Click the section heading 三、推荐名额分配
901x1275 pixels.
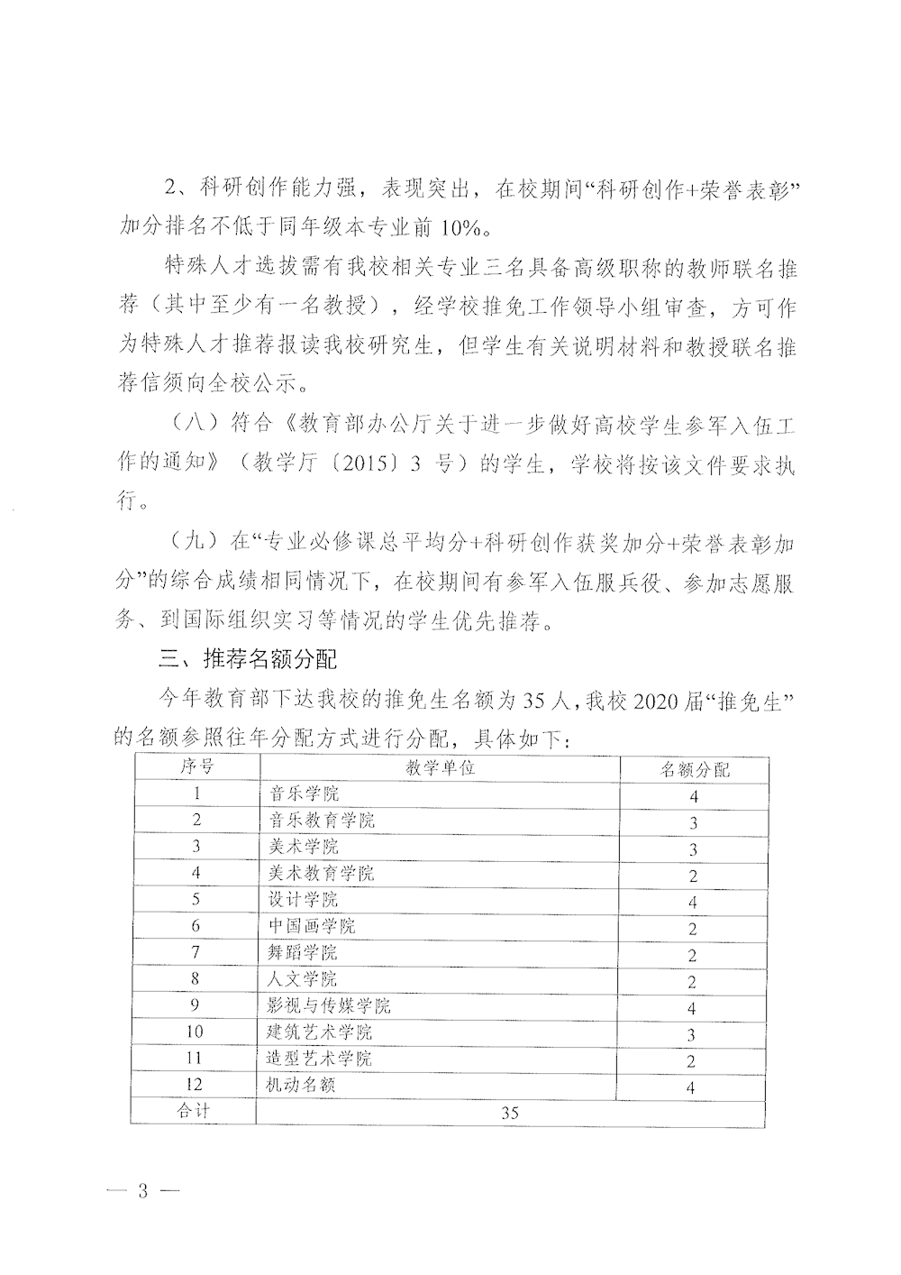(x=248, y=658)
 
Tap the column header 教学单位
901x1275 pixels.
(x=440, y=767)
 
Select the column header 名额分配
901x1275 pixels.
(x=695, y=769)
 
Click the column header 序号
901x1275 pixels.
(x=196, y=766)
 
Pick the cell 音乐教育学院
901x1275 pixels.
(x=323, y=820)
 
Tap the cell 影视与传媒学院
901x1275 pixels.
(x=331, y=1005)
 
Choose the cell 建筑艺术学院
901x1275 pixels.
(x=322, y=1032)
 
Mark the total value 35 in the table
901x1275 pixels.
(x=510, y=1113)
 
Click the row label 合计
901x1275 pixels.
(x=195, y=1111)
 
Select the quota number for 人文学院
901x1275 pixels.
(x=692, y=982)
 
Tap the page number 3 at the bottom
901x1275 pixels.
(x=141, y=1189)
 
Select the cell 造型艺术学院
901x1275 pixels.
(x=322, y=1059)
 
